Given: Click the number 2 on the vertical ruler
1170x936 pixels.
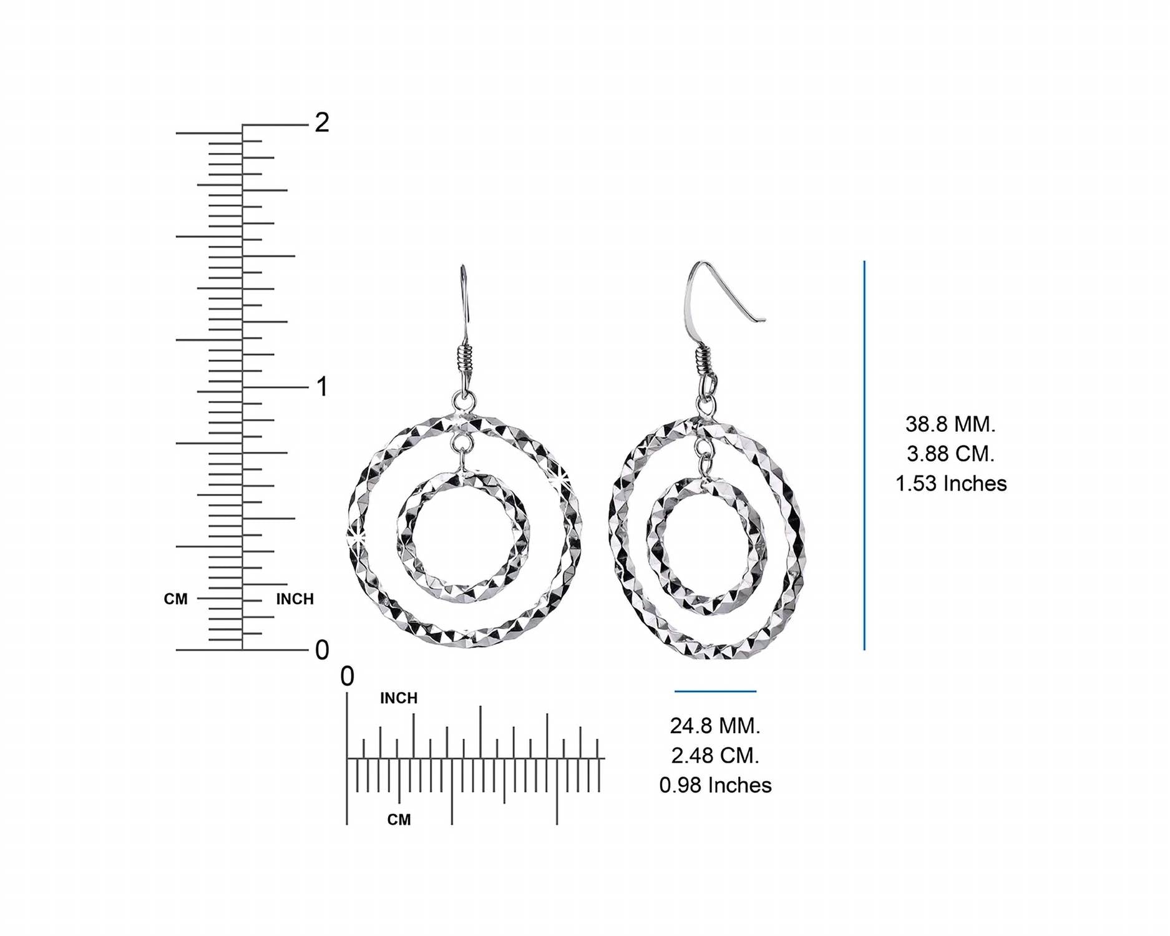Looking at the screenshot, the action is (x=322, y=122).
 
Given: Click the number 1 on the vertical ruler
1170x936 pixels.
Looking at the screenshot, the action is (x=322, y=387).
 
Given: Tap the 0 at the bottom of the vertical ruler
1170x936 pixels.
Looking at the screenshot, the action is (x=322, y=650).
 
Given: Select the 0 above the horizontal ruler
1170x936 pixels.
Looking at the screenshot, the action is (x=348, y=676).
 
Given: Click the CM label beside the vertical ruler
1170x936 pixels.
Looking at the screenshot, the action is (x=176, y=599).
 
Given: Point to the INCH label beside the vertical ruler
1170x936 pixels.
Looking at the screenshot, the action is (x=295, y=599).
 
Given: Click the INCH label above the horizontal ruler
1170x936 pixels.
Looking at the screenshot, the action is (x=399, y=698).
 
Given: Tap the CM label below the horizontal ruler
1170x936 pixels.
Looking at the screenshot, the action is (x=399, y=819).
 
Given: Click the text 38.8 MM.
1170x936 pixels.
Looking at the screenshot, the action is (x=950, y=424).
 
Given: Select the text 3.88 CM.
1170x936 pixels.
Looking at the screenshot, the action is (x=950, y=454).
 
